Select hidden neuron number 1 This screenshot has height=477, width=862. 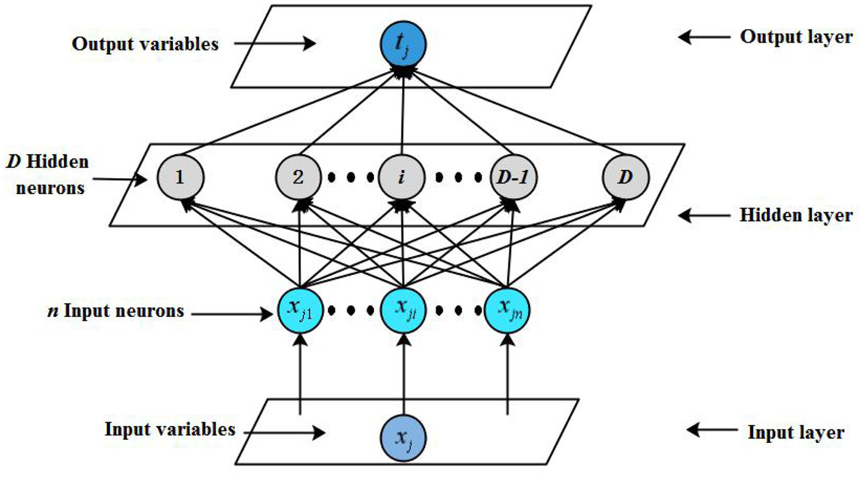click(x=180, y=178)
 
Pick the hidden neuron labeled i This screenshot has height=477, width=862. click(x=402, y=178)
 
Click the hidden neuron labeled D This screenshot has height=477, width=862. click(x=625, y=178)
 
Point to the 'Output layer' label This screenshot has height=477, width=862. click(x=796, y=37)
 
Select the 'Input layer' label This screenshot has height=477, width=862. click(x=796, y=433)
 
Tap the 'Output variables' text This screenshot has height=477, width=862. click(x=145, y=44)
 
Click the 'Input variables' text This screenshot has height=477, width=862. click(x=170, y=429)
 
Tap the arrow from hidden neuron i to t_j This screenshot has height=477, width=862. click(x=402, y=113)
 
